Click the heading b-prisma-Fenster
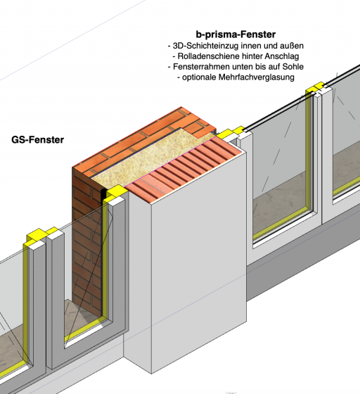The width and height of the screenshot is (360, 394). pyautogui.click(x=236, y=34)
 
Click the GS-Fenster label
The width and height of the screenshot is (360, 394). pyautogui.click(x=38, y=140)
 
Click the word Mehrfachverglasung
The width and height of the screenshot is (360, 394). pyautogui.click(x=257, y=77)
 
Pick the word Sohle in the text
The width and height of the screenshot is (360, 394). pyautogui.click(x=293, y=67)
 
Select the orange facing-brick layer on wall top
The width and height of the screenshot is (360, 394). pyautogui.click(x=144, y=141)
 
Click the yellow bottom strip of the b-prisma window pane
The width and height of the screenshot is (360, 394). pyautogui.click(x=283, y=224)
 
